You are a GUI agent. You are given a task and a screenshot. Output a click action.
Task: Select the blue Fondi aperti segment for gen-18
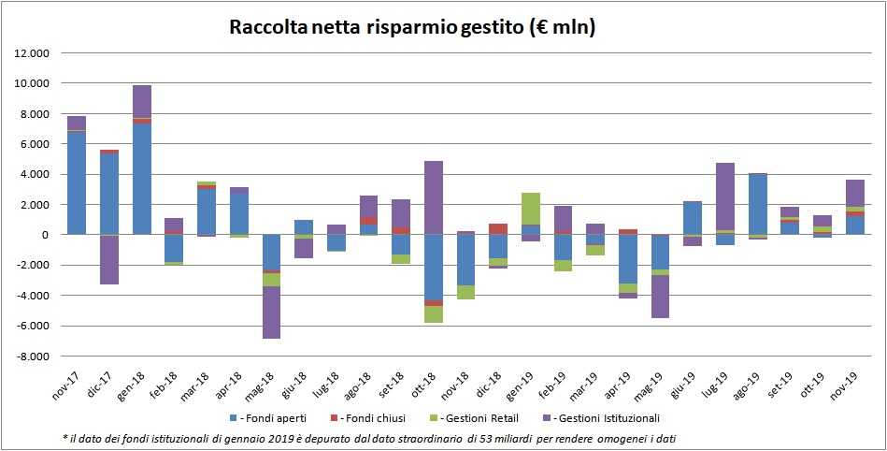coord(142,178)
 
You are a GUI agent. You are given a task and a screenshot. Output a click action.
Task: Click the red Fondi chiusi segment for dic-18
coord(498,228)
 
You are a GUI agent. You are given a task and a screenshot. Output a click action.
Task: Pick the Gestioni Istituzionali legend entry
coord(609,417)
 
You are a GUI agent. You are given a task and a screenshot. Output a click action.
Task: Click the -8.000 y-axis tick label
coord(34,356)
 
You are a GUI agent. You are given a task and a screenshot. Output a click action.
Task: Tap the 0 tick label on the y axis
coord(44,235)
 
